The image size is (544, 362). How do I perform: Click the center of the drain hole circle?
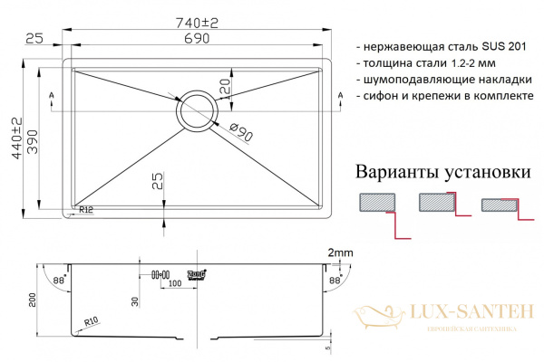(197, 111)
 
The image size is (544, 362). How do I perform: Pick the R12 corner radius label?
(87, 210)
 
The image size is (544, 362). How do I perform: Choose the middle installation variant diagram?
(438, 204)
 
